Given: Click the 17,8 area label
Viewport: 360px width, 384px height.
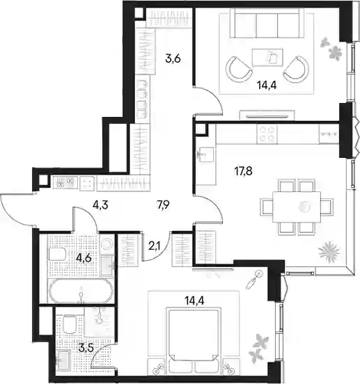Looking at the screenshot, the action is pos(243,171).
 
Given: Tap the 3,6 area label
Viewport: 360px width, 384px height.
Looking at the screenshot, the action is pos(173,58).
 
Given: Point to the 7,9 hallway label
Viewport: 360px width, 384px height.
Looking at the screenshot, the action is pos(164,204).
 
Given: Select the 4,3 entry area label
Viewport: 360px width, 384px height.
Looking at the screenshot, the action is pos(100,205).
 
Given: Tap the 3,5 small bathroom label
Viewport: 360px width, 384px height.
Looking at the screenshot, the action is pos(86,348).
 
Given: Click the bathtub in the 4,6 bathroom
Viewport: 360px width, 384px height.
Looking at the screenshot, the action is pos(81,291).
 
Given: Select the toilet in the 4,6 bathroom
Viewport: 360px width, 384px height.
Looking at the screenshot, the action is pos(57,255).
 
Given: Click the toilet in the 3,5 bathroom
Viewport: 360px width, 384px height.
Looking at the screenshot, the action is pos(70,325).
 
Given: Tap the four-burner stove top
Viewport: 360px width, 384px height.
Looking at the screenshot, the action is pos(267,134).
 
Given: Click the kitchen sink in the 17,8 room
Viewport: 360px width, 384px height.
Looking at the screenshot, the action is pos(205,154).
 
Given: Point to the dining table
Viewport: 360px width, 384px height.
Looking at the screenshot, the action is pos(297,207).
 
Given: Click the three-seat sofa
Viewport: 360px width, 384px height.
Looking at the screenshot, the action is pos(267,23).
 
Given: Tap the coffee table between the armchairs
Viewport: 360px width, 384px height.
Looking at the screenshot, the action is pos(267,58).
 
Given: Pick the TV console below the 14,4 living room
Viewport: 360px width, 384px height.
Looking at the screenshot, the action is pos(267,115).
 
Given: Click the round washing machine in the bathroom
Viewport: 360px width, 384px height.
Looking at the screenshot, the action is pos(107,243).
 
